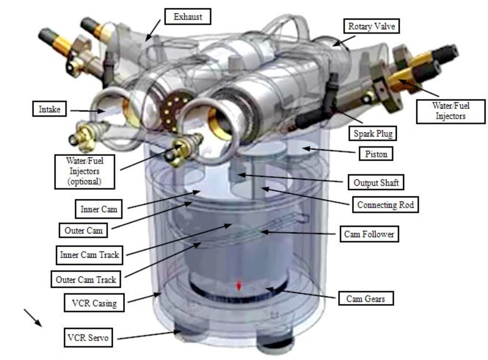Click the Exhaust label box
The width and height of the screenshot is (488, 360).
188,17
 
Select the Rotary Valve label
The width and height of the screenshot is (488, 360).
371,26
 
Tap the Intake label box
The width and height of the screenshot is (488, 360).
49,109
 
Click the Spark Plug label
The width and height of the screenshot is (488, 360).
372,134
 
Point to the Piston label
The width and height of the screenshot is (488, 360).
376,154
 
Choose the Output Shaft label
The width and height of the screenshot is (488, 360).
376,183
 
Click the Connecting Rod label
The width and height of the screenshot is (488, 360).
386,205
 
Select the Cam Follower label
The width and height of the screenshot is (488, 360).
369,234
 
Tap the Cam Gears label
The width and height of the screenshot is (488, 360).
366,298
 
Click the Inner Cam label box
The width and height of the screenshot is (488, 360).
99,209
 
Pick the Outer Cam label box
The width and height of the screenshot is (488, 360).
83,231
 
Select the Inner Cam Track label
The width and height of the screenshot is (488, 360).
89,255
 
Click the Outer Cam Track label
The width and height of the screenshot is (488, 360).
86,279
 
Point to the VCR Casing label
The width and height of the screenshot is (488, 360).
94,303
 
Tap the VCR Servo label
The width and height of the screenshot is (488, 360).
88,337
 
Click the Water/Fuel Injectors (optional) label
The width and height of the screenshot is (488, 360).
84,171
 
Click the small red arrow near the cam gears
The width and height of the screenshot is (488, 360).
239,286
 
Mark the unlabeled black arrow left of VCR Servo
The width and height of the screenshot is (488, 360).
33,318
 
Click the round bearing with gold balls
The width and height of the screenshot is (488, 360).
174,109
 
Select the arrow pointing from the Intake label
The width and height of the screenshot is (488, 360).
88,111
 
